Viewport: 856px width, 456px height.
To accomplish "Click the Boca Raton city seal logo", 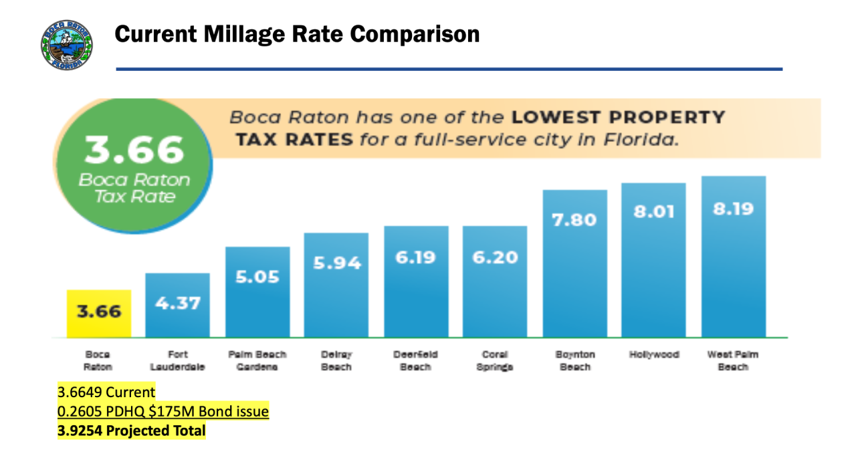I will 67,44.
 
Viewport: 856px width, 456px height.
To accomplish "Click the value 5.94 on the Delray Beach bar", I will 336,262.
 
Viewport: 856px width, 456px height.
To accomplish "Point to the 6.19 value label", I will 416,256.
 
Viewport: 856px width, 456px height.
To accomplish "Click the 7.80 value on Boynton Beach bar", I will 574,219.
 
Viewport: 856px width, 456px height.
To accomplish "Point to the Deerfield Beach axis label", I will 416,360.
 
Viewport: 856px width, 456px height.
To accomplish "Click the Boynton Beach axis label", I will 574,360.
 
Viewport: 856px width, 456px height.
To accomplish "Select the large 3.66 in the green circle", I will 134,150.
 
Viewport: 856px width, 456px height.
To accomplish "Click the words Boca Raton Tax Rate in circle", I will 134,188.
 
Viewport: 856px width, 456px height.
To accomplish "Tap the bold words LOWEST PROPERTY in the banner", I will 619,118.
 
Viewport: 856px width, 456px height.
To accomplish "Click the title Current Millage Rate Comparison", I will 297,34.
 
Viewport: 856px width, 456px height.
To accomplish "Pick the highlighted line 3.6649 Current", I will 106,392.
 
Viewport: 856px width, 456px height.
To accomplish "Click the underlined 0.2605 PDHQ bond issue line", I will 163,411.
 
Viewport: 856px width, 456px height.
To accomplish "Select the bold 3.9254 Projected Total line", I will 131,431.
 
